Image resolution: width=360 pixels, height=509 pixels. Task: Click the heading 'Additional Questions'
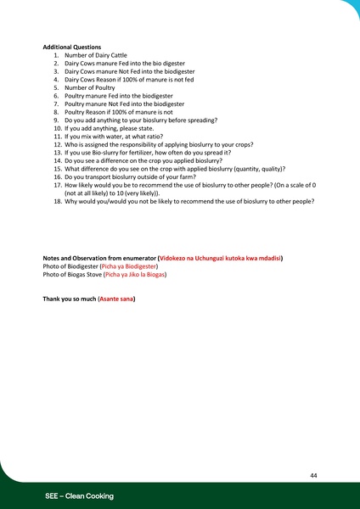coord(72,47)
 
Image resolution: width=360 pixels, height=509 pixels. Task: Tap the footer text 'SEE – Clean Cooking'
coord(80,495)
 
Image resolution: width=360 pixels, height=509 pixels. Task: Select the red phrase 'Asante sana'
coord(115,299)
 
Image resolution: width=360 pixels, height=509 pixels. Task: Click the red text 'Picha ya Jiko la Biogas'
coord(135,276)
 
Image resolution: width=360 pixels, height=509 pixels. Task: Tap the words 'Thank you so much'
coord(69,299)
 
